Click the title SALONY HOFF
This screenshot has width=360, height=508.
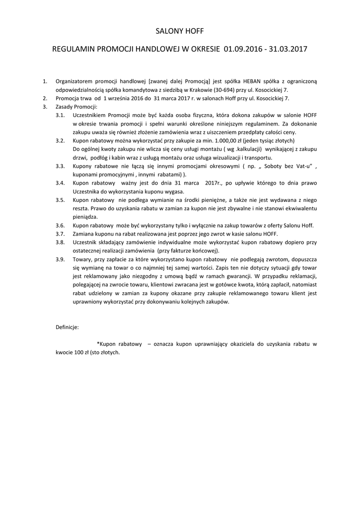click(x=180, y=31)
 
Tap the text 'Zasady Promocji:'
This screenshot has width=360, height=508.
click(x=77, y=107)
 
